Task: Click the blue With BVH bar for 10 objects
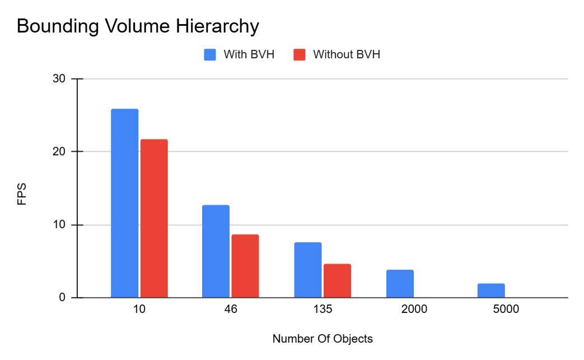[124, 203]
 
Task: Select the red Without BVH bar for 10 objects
[154, 218]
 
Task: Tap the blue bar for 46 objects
[216, 251]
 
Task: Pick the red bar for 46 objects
[245, 266]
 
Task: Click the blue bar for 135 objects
[308, 270]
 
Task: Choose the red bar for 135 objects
[337, 280]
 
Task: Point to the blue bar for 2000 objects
[400, 284]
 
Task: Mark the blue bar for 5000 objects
[491, 291]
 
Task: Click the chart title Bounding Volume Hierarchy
[138, 26]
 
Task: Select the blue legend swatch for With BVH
[210, 54]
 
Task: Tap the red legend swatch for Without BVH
[300, 54]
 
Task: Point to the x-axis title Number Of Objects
[323, 339]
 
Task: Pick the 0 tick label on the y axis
[63, 298]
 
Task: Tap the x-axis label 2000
[414, 309]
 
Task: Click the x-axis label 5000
[506, 309]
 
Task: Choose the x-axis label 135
[323, 309]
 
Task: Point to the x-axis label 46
[231, 309]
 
